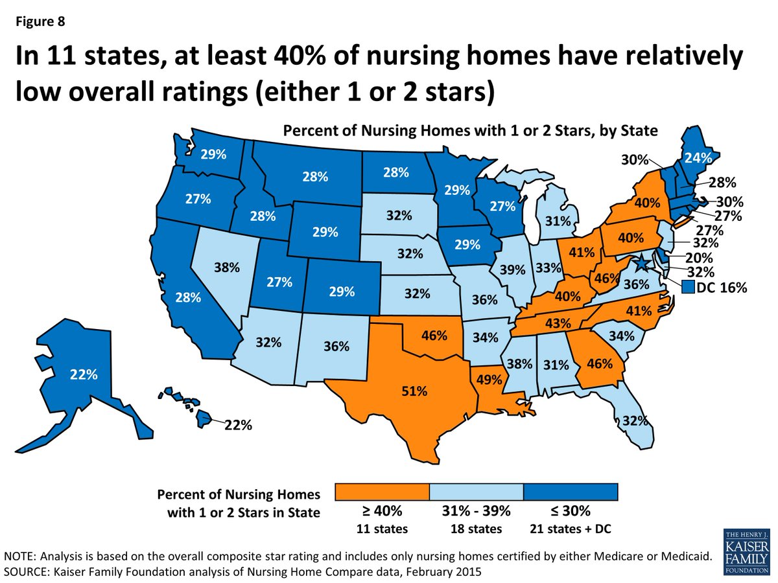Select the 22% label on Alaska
point(84,374)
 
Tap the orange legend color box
point(383,492)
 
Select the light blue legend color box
point(477,492)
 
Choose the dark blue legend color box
point(571,492)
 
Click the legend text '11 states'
point(383,529)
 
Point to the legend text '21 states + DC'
point(571,529)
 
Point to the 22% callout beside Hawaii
point(239,425)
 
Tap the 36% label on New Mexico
point(336,347)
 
